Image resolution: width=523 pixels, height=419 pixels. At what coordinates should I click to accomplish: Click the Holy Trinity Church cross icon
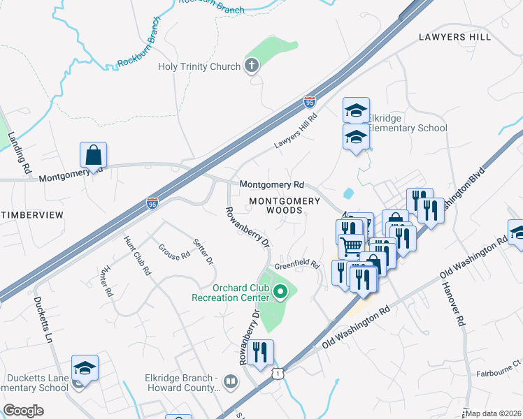pyautogui.click(x=251, y=66)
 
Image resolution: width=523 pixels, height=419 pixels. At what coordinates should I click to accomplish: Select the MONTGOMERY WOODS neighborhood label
pyautogui.click(x=285, y=206)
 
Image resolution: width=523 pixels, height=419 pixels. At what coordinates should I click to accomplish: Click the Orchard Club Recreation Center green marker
pyautogui.click(x=280, y=292)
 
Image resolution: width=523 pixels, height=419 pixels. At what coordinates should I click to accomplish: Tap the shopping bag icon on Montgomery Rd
pyautogui.click(x=93, y=155)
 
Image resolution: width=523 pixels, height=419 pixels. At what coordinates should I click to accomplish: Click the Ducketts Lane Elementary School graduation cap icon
pyautogui.click(x=85, y=367)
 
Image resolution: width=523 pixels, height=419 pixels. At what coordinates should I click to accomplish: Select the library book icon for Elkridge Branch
pyautogui.click(x=230, y=381)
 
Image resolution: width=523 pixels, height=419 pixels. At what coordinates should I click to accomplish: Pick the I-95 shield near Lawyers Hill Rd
pyautogui.click(x=309, y=103)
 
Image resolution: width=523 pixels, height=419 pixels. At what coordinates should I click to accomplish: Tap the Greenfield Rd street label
pyautogui.click(x=296, y=265)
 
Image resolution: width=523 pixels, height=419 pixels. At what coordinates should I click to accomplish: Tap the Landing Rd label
pyautogui.click(x=20, y=154)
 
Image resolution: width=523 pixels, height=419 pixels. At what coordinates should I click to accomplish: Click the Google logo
pyautogui.click(x=23, y=411)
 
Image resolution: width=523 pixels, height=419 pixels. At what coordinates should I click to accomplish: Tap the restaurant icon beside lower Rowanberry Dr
pyautogui.click(x=260, y=353)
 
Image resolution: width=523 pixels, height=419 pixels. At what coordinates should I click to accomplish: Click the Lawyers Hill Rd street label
pyautogui.click(x=290, y=132)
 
